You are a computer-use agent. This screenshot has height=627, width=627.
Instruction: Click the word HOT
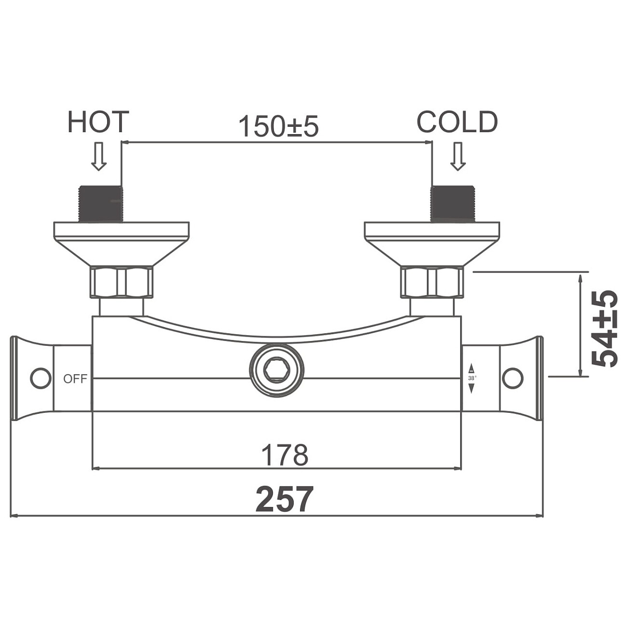click(98, 122)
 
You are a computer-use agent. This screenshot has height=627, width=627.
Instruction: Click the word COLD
click(457, 122)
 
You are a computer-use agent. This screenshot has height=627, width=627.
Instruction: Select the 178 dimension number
click(285, 455)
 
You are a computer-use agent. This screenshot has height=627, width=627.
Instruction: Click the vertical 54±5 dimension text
click(604, 328)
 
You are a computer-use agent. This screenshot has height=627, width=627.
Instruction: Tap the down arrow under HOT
click(98, 156)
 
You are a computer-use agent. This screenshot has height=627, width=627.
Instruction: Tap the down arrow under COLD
click(458, 156)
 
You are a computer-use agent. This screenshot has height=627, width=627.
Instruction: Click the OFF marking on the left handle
click(75, 379)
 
